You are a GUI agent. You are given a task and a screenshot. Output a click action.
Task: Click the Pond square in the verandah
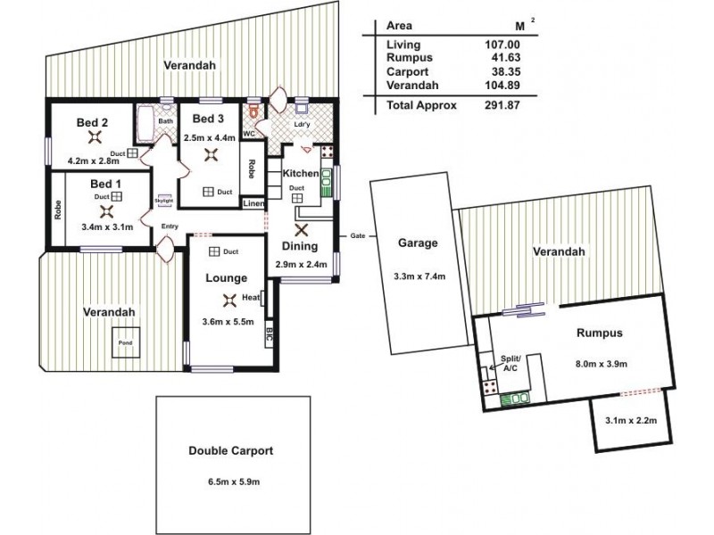click(x=122, y=342)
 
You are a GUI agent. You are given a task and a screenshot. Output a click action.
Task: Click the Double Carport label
click(x=231, y=452)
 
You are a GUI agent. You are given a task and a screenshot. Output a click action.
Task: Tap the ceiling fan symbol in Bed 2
click(x=95, y=136)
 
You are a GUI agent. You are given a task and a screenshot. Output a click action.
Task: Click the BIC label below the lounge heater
click(x=270, y=336)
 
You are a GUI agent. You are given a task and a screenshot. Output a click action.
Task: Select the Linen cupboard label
click(x=253, y=204)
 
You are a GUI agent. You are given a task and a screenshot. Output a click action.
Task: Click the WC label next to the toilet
click(x=249, y=135)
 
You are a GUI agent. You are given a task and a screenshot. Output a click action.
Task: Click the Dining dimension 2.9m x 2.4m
click(x=301, y=265)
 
